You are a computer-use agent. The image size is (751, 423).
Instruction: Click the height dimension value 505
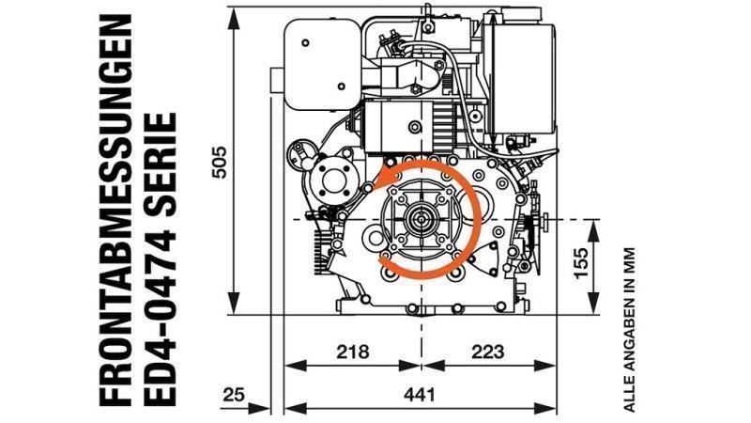click(x=218, y=162)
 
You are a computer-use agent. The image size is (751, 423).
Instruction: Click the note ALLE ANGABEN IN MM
click(x=630, y=330)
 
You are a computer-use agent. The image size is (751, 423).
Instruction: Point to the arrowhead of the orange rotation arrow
click(x=384, y=179)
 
